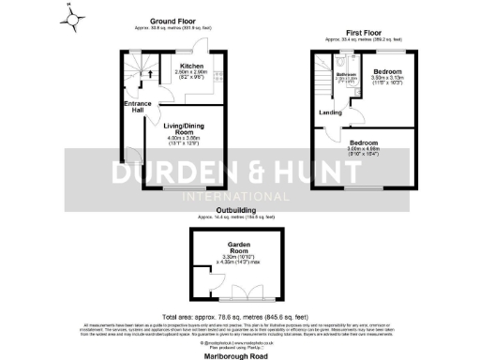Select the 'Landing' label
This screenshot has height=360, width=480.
[330, 112]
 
